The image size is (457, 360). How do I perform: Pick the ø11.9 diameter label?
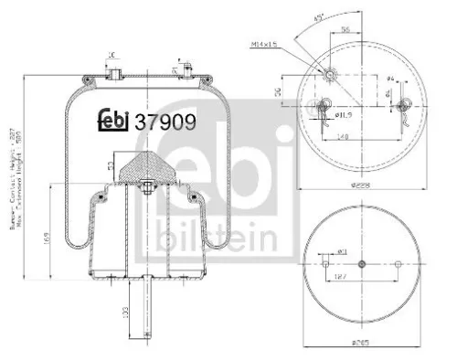344,117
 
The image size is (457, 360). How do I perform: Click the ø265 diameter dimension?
363,344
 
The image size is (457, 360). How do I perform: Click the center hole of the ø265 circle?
363,264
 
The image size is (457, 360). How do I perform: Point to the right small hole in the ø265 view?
398,264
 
